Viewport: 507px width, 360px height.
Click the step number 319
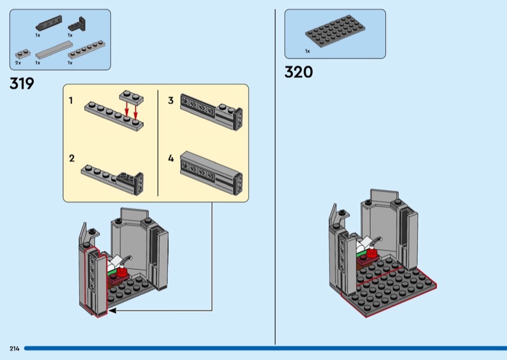click(22, 84)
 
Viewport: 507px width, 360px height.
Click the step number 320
click(298, 72)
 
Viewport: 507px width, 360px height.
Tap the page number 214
click(14, 349)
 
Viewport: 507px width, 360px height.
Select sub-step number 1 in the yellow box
click(72, 101)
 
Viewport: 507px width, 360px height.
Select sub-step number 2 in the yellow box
click(72, 158)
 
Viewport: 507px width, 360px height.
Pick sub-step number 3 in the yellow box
click(170, 101)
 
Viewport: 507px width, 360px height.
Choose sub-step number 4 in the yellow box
click(170, 158)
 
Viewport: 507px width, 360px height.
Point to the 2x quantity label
click(18, 63)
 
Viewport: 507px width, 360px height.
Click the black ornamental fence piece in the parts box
click(46, 25)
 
